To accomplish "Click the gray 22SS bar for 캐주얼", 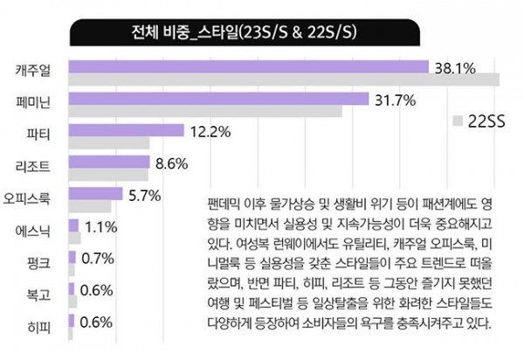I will point(283,80).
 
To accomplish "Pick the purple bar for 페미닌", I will point(218,99).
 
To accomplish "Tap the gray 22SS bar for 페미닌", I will point(204,112).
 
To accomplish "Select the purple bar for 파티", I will point(125,131).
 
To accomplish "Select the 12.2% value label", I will point(210,132).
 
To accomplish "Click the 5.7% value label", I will point(144,195).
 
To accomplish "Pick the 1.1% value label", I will point(101,227).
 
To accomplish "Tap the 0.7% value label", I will point(97,260).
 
